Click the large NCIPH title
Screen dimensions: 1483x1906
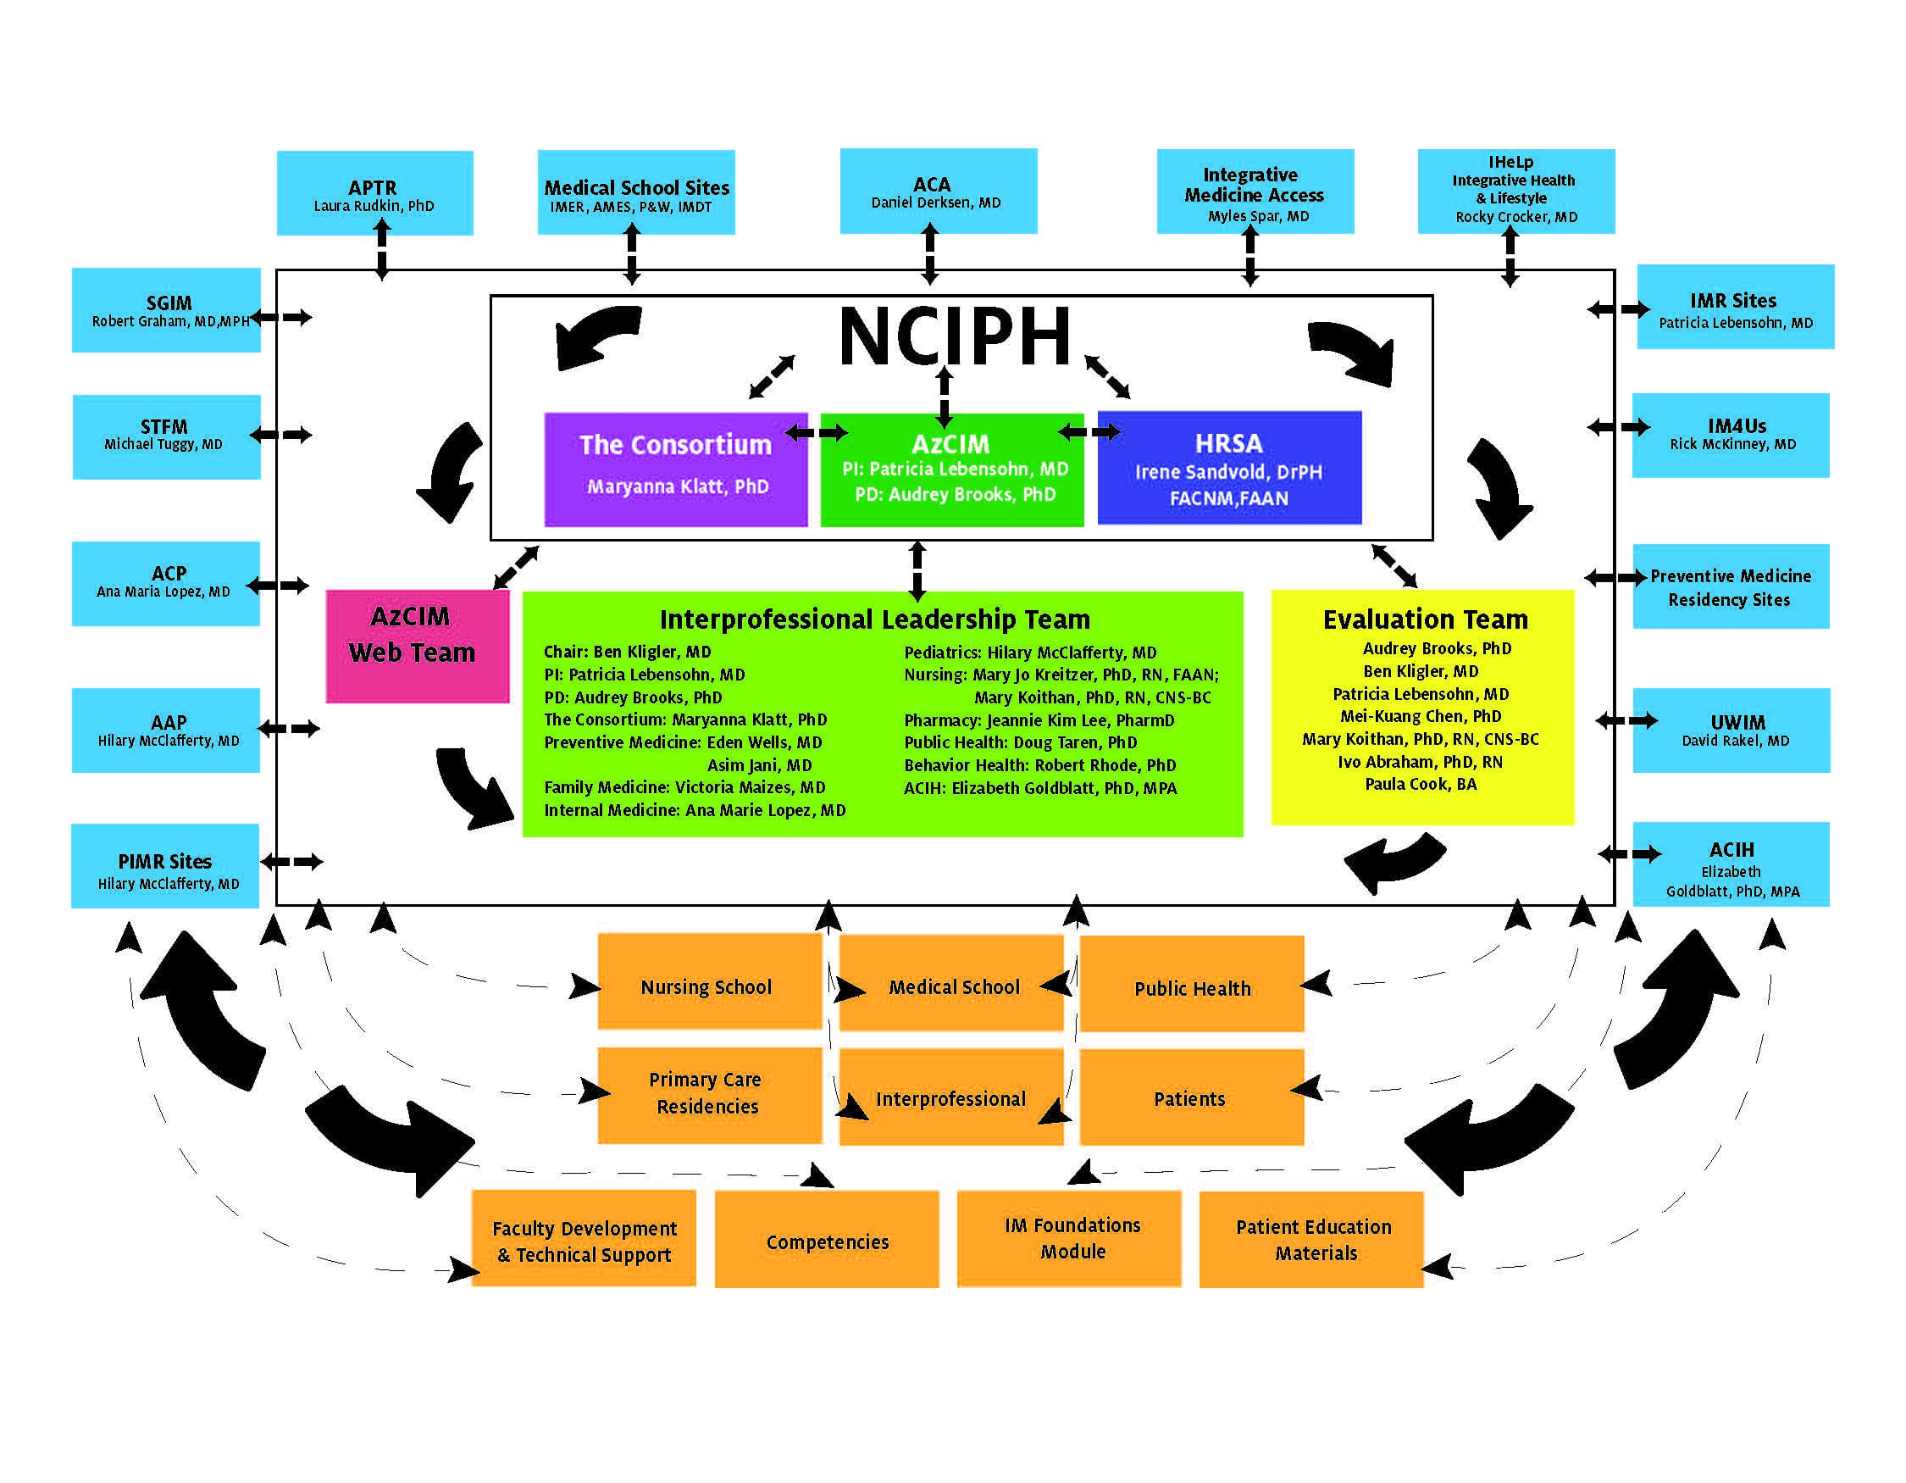coord(954,337)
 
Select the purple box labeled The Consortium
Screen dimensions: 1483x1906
coord(675,469)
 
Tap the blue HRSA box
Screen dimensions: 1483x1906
coord(1229,468)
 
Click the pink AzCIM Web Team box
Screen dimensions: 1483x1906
coord(417,646)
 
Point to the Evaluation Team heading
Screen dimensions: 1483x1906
coord(1424,619)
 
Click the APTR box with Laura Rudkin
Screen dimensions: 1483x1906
coord(374,193)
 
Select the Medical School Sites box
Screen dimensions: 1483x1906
coord(635,193)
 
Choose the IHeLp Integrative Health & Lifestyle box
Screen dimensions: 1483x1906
coord(1515,191)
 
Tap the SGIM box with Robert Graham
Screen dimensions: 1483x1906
coord(166,310)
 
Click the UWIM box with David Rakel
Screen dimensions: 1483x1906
coord(1731,730)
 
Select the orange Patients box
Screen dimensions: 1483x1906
coord(1190,1097)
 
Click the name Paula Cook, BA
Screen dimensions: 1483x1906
coord(1420,784)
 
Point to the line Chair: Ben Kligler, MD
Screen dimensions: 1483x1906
coord(627,652)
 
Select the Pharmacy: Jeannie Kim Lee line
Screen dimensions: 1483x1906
coord(1038,720)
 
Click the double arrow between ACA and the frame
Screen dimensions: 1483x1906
coord(929,253)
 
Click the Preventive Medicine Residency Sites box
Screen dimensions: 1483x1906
coord(1731,586)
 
